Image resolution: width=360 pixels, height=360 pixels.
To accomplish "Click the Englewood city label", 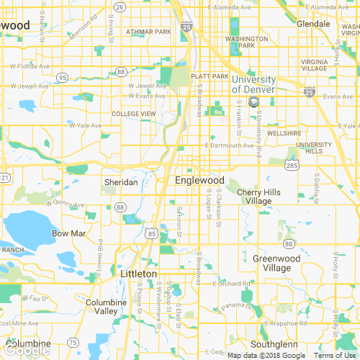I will (200, 180).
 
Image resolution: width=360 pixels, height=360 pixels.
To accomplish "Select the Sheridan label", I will (120, 183).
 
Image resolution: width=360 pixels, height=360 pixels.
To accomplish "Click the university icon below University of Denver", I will (253, 102).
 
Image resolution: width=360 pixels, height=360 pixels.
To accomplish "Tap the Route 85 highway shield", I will (150, 233).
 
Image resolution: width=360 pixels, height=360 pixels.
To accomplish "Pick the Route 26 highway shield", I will (120, 6).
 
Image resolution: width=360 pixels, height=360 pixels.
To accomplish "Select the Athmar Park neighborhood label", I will (148, 32).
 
